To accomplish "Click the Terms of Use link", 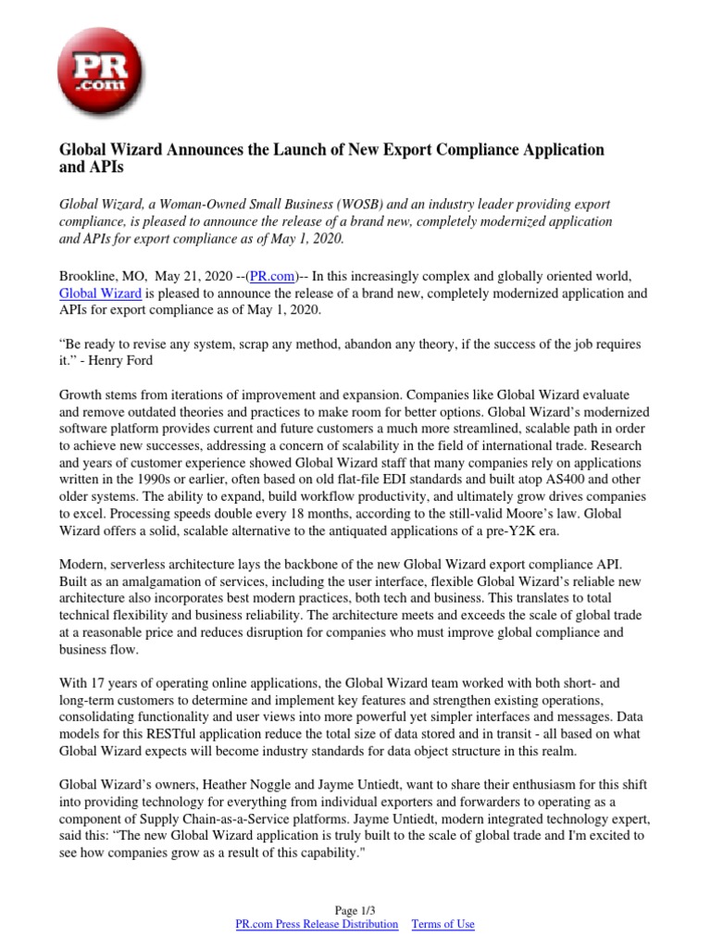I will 443,925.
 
